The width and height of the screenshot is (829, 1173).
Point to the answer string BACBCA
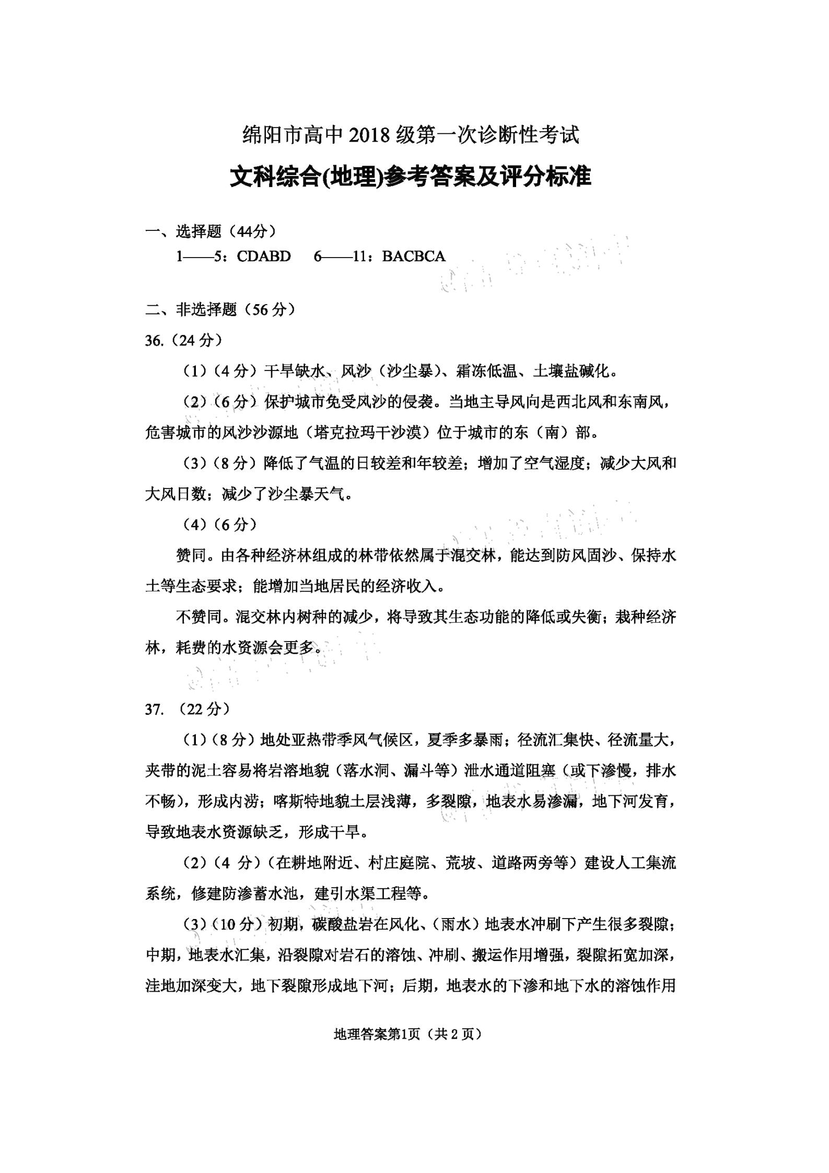click(414, 256)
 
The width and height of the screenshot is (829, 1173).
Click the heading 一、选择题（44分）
click(211, 231)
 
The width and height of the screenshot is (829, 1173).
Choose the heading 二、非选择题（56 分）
click(220, 310)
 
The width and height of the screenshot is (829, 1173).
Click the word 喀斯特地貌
click(311, 802)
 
